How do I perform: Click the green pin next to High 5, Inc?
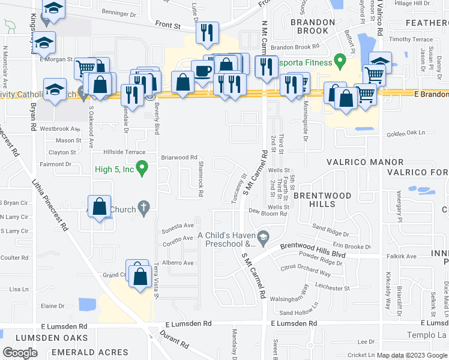click(142, 169)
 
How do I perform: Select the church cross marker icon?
click(143, 209)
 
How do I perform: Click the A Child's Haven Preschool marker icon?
click(263, 239)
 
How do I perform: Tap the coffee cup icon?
click(203, 71)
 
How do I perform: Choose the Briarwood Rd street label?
click(175, 158)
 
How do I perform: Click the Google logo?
click(20, 352)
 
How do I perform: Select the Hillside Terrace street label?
click(124, 153)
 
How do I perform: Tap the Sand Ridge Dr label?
click(330, 230)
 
